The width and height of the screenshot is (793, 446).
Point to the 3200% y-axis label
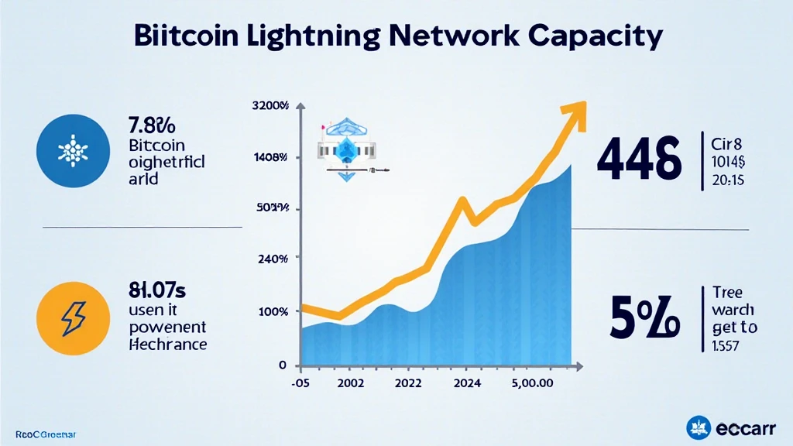pos(270,106)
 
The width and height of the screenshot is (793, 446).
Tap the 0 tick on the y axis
pos(283,365)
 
